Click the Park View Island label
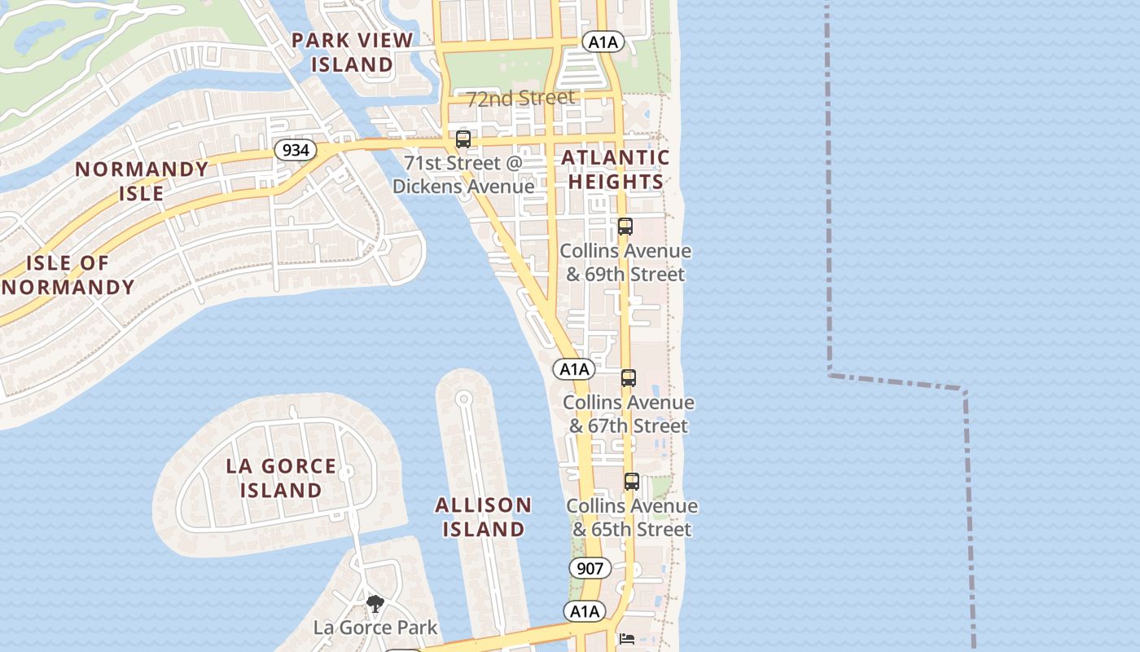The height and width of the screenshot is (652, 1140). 353,51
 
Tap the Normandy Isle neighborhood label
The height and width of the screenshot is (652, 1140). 142,181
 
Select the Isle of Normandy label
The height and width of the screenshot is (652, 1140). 68,275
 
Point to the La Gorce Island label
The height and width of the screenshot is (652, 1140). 281,478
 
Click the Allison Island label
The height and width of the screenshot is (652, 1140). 484,517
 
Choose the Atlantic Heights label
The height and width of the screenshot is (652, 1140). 616,170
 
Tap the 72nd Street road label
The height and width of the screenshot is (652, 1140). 520,99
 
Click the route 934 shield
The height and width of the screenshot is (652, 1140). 295,150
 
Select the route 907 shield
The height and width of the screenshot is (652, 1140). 589,568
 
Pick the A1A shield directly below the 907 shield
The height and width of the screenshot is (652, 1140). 585,611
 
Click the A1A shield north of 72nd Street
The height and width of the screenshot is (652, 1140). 603,42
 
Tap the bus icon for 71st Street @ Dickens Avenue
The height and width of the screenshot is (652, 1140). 463,139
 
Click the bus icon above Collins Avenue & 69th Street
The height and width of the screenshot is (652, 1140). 625,227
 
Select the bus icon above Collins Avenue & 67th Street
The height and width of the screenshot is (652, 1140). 628,378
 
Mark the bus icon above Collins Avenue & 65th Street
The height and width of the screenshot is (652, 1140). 631,482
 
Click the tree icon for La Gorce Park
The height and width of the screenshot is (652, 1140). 375,604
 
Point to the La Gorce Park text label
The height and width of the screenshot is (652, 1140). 375,628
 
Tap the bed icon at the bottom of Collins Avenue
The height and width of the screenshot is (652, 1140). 626,638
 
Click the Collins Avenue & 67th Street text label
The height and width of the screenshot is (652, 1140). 629,414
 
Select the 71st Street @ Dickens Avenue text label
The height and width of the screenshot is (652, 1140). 463,174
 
